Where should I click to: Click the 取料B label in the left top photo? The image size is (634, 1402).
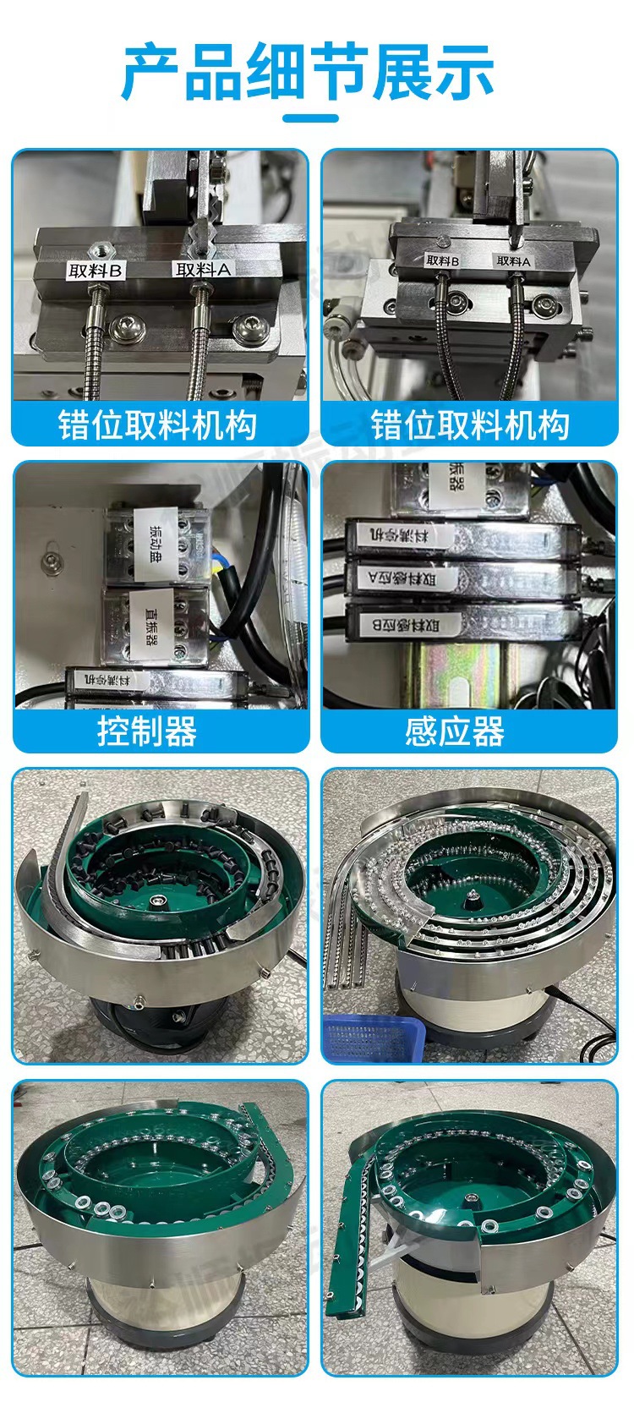coord(96,271)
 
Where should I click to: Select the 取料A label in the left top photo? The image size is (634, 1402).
coord(203,270)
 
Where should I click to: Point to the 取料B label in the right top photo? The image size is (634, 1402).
coord(442,262)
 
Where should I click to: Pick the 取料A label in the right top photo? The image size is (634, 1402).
coord(513,262)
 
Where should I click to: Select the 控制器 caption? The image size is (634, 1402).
coord(147,731)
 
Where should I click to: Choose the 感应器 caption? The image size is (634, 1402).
coord(455,731)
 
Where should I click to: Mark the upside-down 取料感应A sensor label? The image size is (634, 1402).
coord(413,579)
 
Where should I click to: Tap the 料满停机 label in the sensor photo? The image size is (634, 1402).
coord(411,534)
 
